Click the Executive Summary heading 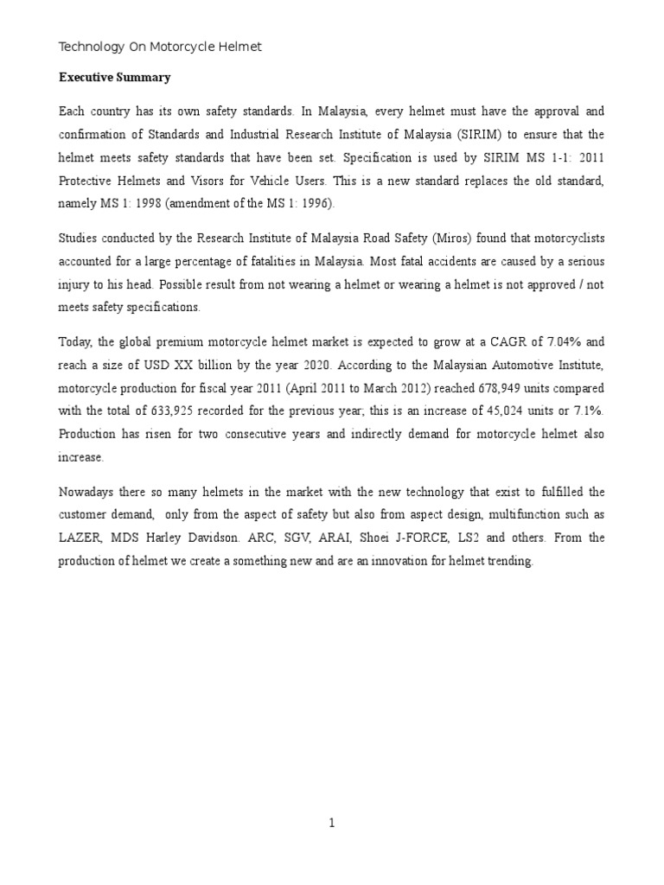click(115, 78)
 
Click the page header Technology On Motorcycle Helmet click(160, 47)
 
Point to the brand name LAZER click(80, 538)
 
